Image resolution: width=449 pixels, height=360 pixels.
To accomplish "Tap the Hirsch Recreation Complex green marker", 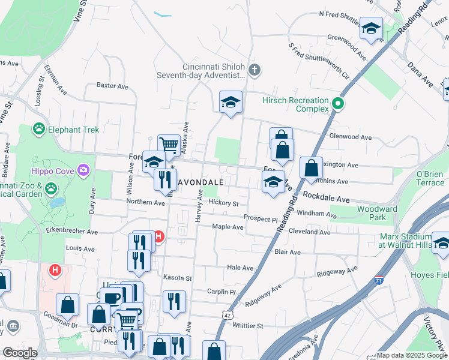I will point(338,104).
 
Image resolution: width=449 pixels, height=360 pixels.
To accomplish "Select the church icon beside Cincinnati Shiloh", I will point(255,71).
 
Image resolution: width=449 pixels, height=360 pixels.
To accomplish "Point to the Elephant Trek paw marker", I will point(39,128).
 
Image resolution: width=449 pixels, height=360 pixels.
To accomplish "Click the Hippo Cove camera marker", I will point(84,171).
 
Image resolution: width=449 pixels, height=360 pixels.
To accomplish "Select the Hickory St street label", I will point(223,203).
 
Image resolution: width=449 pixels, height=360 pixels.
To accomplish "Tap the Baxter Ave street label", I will point(112,86).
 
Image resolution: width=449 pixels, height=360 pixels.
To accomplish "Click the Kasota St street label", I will point(177,278).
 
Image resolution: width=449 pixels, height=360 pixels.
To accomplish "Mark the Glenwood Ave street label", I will point(351,137).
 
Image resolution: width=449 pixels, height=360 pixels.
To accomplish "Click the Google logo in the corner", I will point(19,353).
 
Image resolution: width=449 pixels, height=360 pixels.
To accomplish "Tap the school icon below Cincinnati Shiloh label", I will point(230,103).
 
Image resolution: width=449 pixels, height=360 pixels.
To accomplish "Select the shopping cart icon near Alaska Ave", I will point(169,145).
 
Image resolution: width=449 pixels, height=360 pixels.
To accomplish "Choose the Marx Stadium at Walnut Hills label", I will point(405,240).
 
